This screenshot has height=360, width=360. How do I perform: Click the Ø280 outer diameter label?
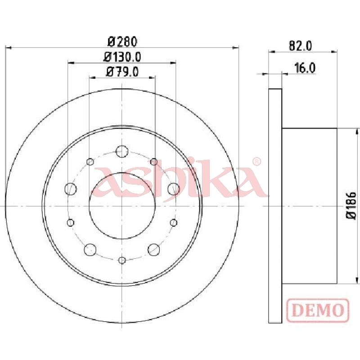(122, 42)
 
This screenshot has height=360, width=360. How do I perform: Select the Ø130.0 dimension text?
(122, 57)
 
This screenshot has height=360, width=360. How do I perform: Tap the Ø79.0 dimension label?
(122, 72)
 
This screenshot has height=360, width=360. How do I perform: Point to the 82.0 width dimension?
(300, 46)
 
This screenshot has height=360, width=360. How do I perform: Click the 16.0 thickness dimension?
(305, 68)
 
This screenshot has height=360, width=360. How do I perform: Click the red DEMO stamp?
(318, 310)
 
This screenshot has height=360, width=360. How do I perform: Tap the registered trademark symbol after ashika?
(256, 162)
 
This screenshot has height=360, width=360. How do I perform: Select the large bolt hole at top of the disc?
(122, 151)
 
